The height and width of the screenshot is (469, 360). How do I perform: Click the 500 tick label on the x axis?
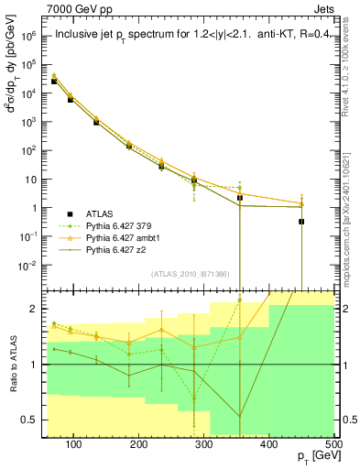click(333, 444)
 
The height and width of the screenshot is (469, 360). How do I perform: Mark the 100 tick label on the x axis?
click(74, 444)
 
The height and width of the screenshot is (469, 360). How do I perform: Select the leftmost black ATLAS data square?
click(54, 82)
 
